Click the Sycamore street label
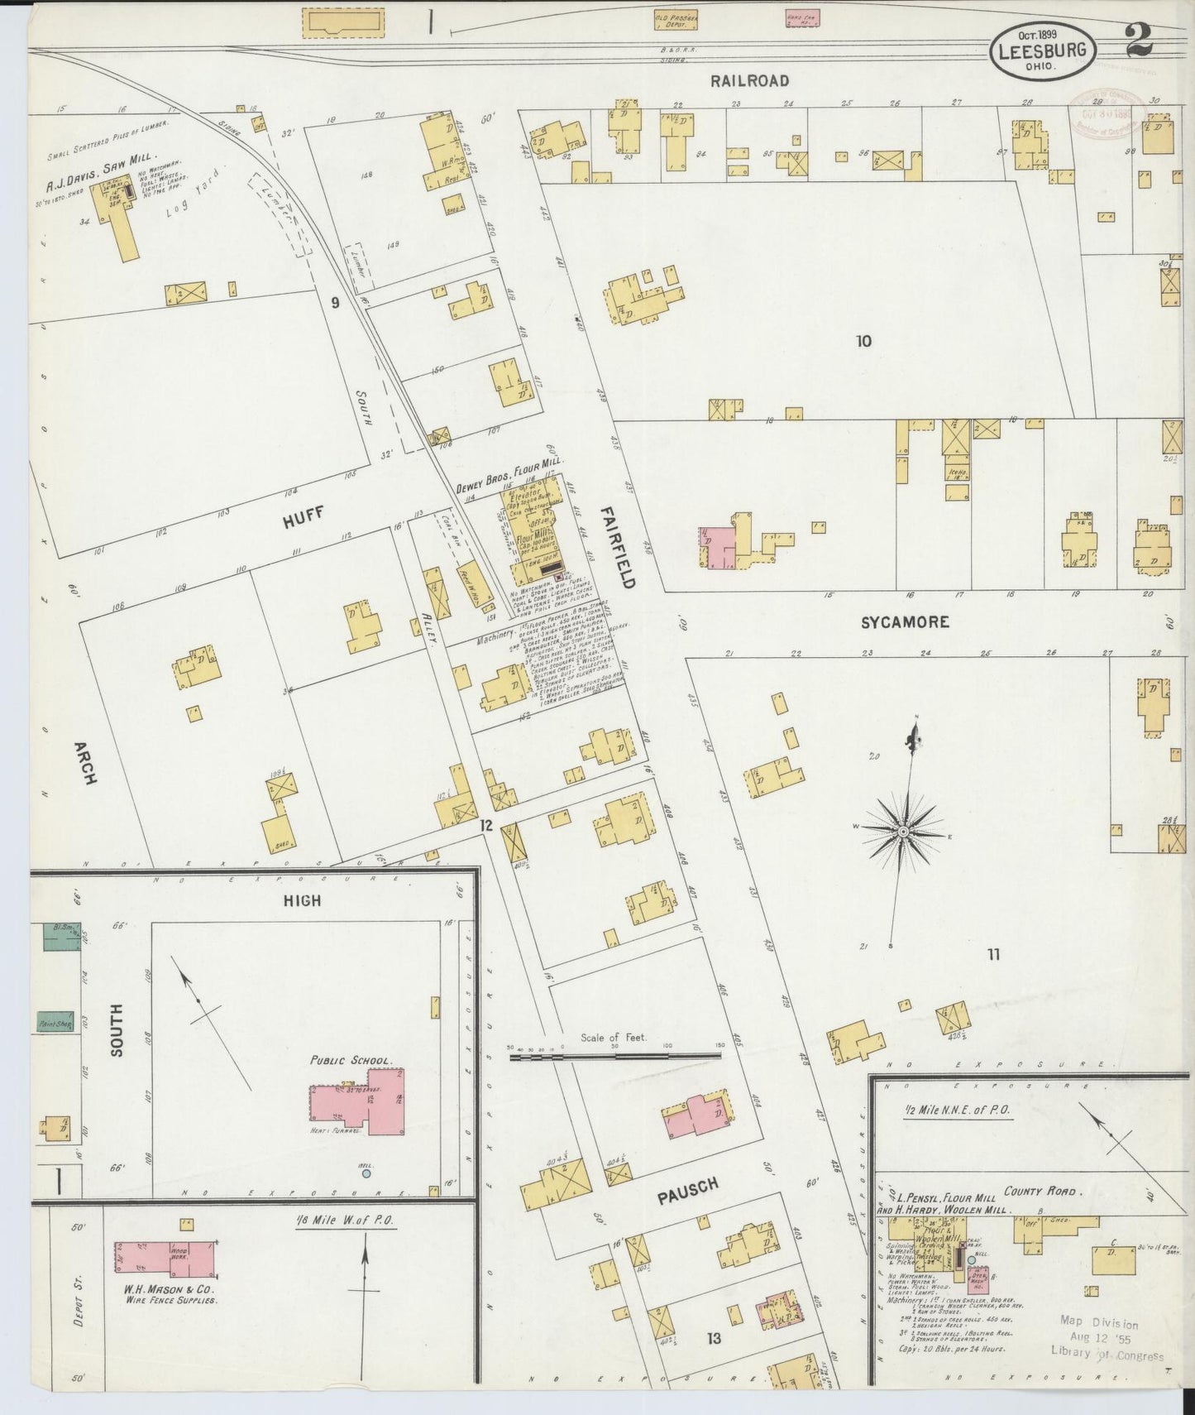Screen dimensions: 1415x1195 (904, 622)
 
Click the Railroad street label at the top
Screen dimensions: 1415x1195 (748, 81)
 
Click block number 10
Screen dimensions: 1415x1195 (864, 340)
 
